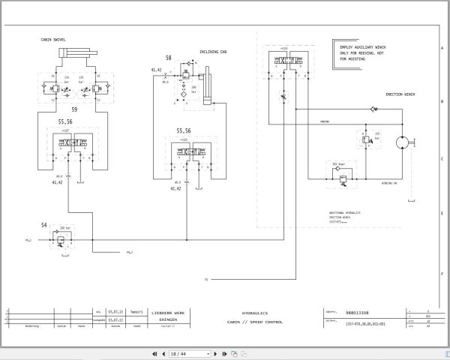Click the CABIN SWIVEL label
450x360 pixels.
point(54,39)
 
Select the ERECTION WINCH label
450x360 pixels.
point(400,95)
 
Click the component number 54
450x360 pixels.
point(43,225)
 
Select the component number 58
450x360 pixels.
point(168,57)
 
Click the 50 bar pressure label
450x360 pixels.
point(339,163)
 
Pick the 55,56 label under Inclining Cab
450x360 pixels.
point(185,130)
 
